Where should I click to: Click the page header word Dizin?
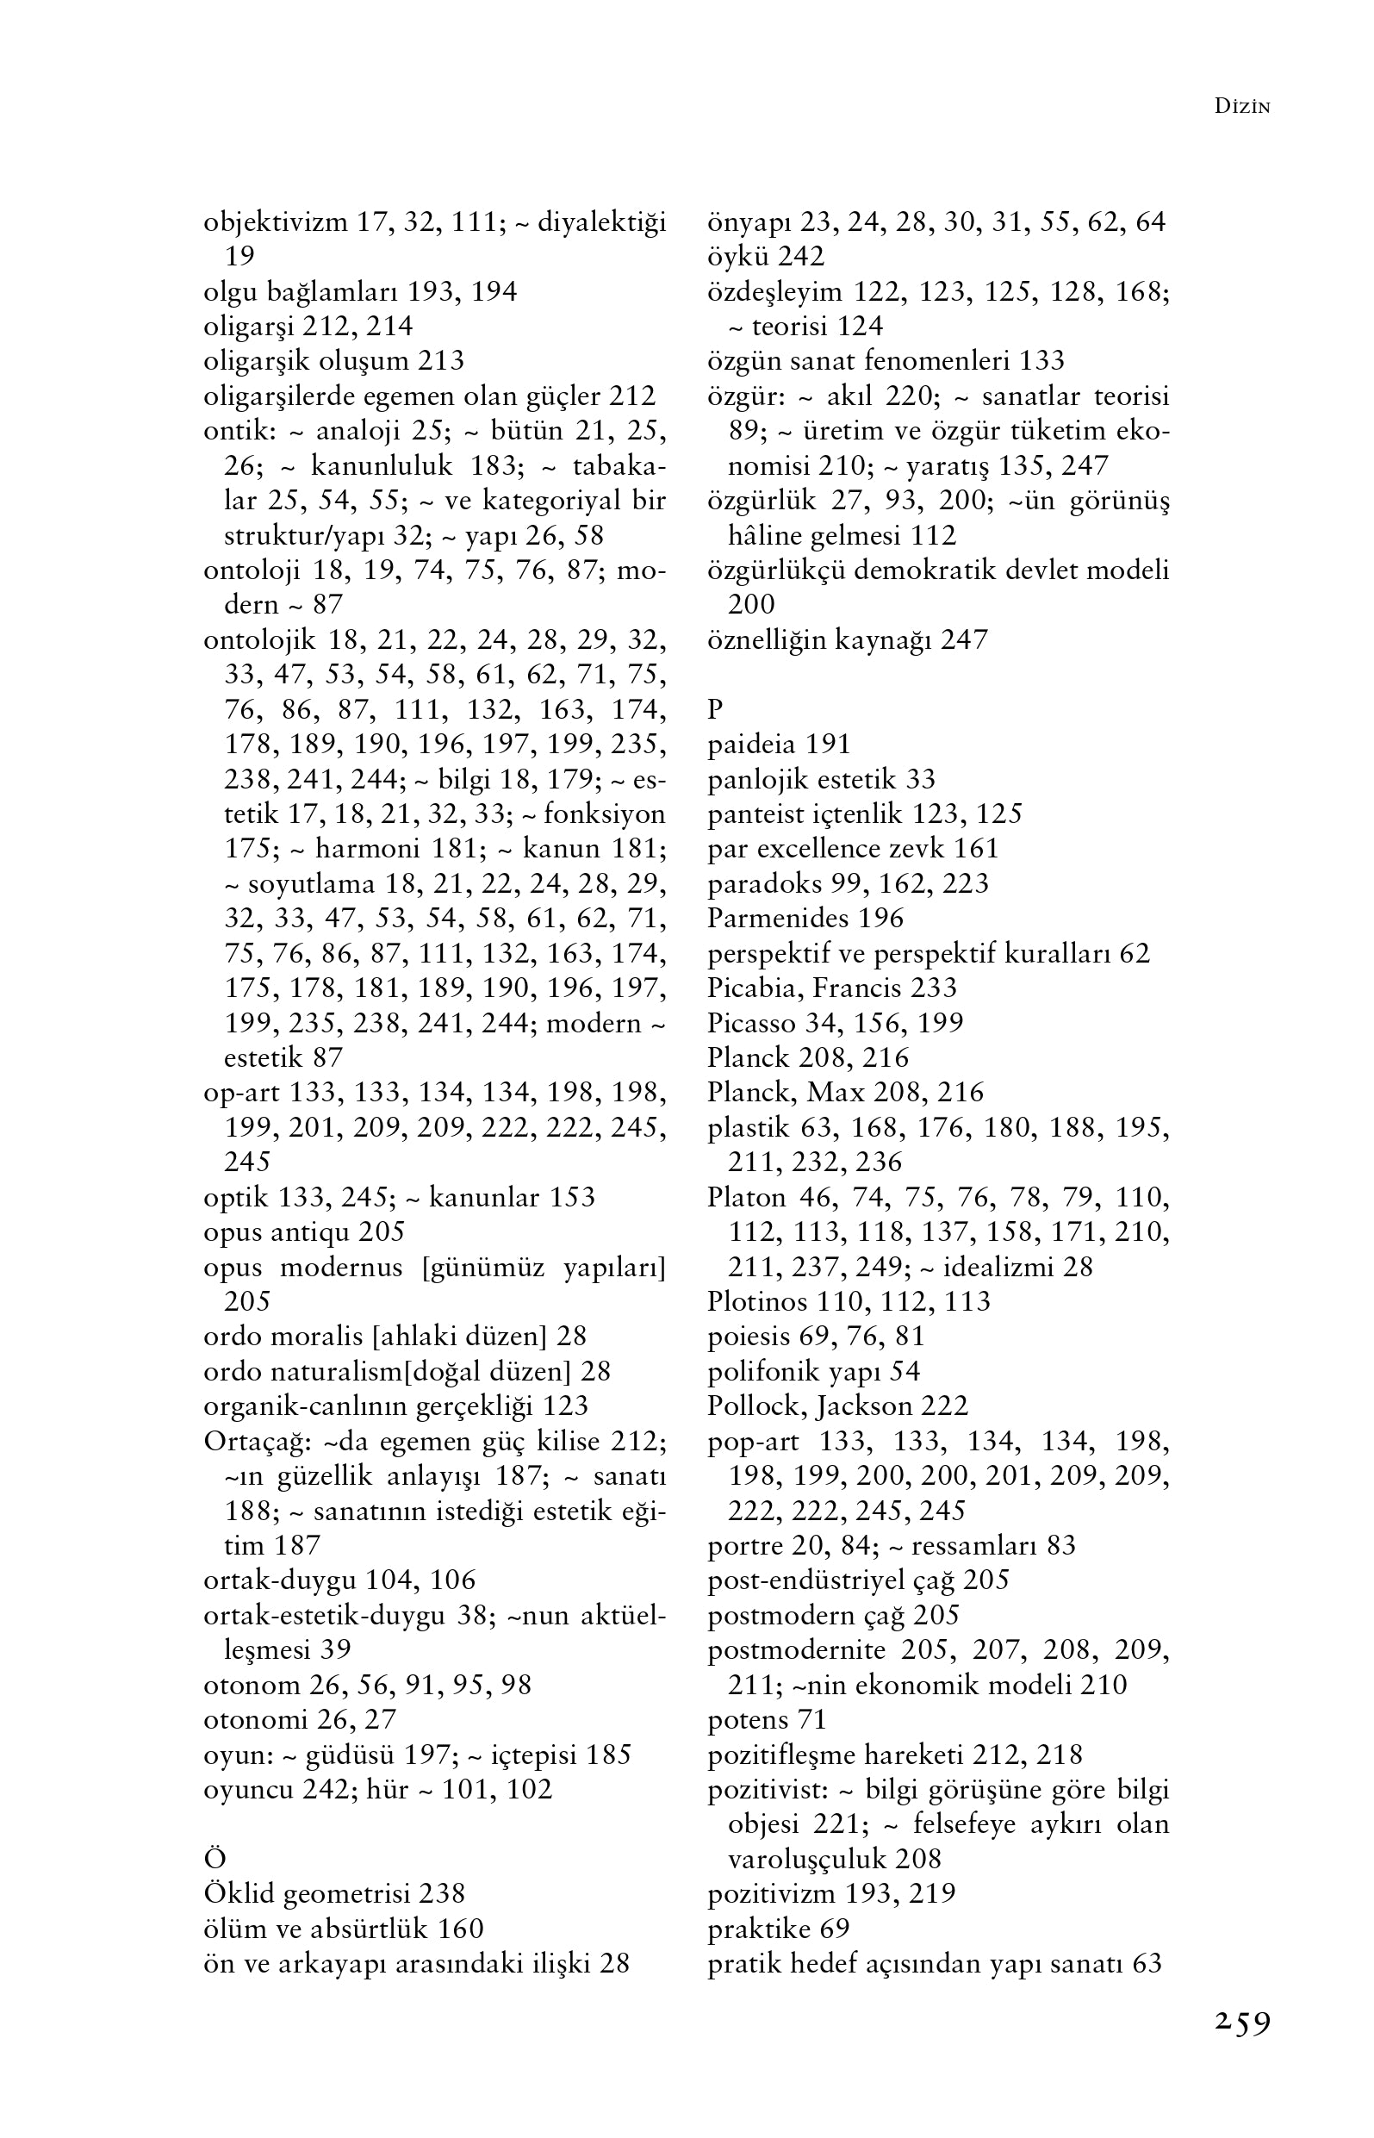coord(1242,107)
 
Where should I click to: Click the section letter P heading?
coord(715,709)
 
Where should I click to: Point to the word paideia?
coord(752,745)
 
